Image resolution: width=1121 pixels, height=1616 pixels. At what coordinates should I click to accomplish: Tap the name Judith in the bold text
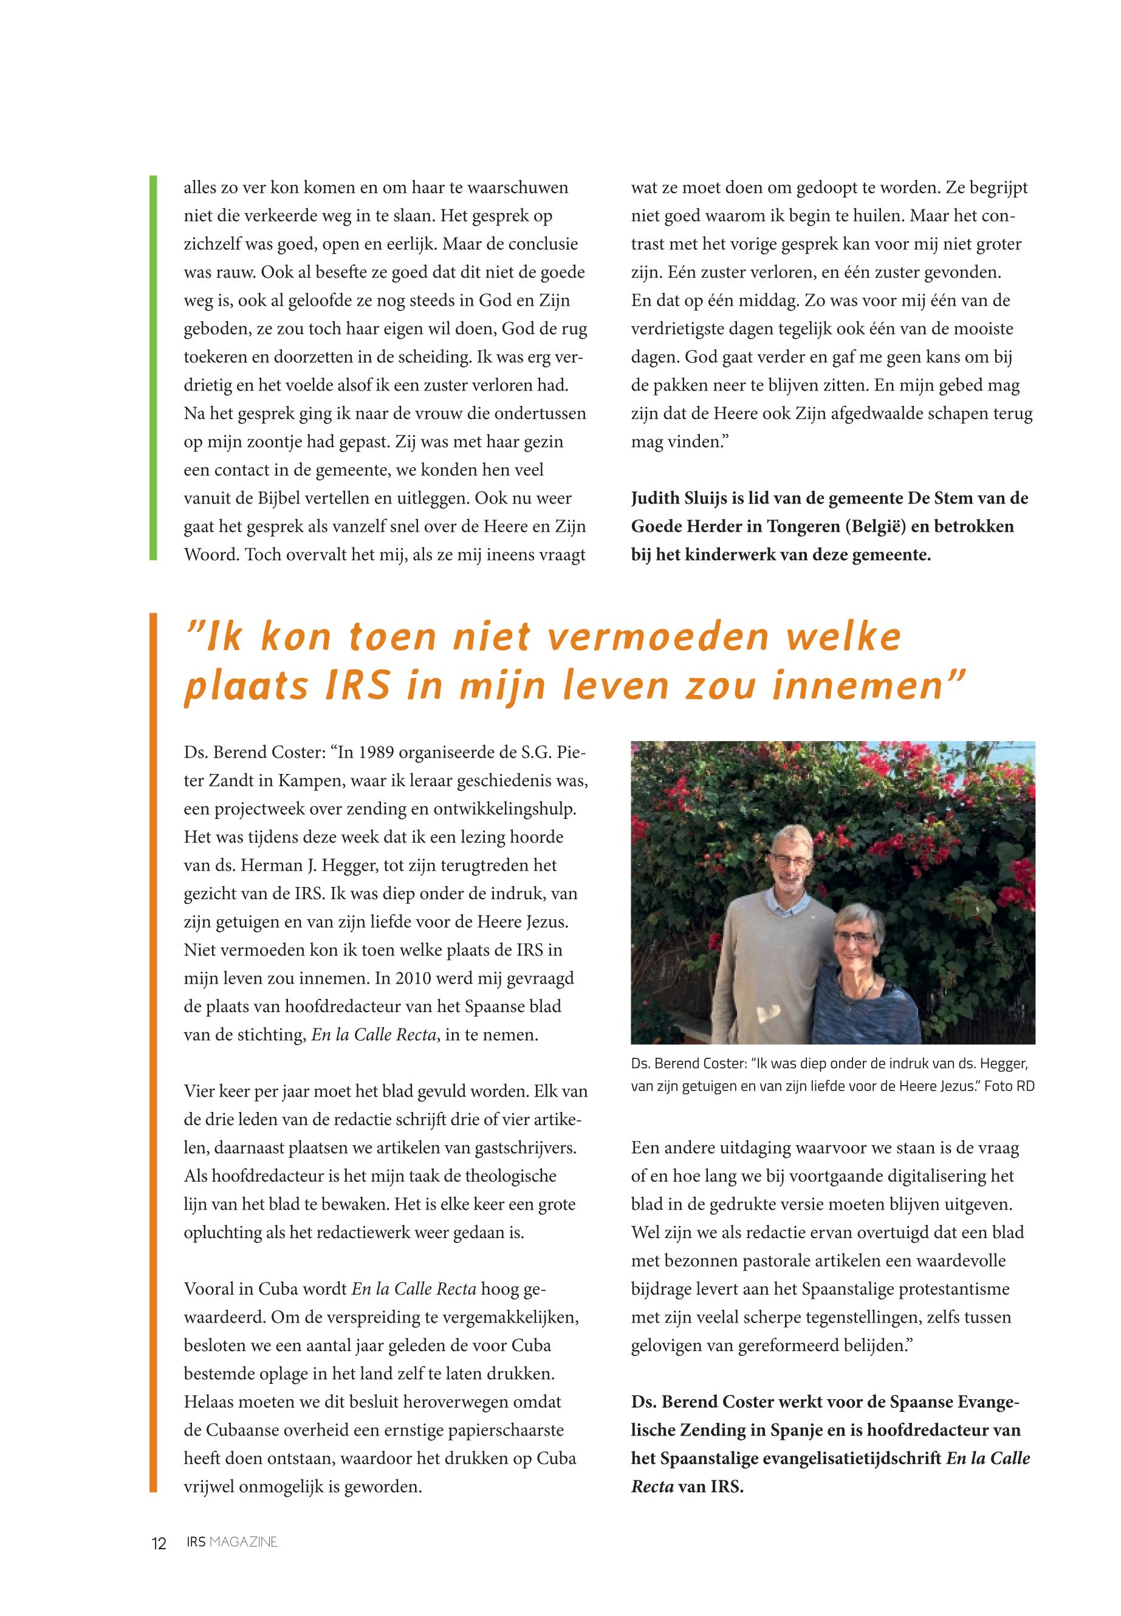[657, 499]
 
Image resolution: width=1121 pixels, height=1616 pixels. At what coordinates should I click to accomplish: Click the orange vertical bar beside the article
[153, 1053]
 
